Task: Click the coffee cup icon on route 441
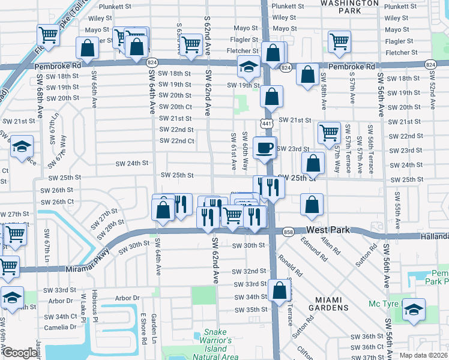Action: (x=264, y=147)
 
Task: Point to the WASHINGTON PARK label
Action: (x=340, y=6)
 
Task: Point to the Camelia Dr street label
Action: (x=61, y=327)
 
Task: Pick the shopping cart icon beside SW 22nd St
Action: (x=329, y=133)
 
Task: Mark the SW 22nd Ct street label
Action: (x=176, y=141)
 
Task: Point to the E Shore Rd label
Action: (x=143, y=329)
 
